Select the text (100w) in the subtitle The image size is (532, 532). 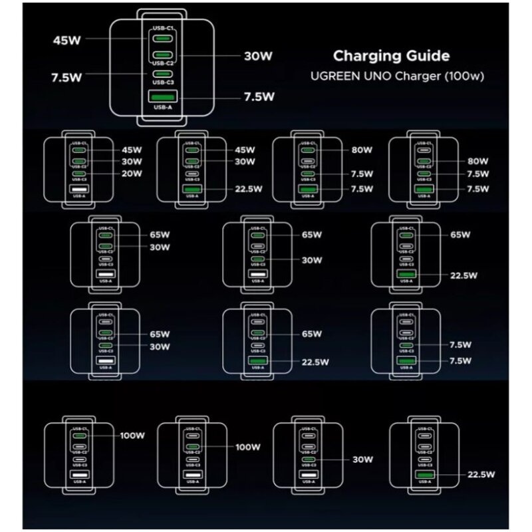(465, 76)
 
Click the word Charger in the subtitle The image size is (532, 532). (418, 76)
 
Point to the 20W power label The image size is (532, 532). (132, 174)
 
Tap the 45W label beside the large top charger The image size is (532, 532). (67, 39)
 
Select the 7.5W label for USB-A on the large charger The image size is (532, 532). (259, 96)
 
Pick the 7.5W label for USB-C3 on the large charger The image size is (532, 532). (67, 77)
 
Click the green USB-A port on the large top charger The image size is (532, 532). (162, 96)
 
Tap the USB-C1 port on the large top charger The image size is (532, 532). (162, 39)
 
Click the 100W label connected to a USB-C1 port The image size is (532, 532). (132, 436)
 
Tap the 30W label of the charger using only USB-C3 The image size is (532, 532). (363, 460)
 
